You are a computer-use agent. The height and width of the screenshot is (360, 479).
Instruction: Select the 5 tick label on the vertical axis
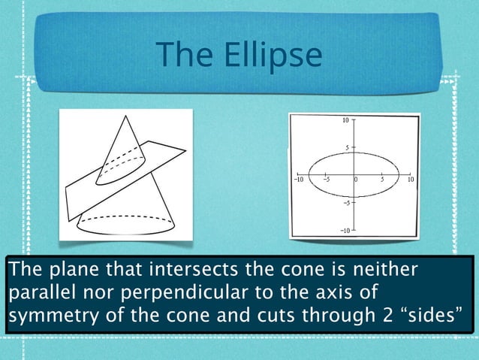click(x=346, y=147)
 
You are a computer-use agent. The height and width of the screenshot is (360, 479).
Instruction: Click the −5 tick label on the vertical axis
click(x=345, y=203)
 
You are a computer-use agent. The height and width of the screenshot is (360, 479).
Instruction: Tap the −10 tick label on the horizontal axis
click(x=298, y=180)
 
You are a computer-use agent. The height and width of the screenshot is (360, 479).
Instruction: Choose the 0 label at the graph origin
click(x=356, y=180)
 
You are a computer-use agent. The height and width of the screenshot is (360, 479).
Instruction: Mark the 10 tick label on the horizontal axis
click(x=411, y=180)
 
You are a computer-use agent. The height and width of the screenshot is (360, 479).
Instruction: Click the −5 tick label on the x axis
click(x=327, y=180)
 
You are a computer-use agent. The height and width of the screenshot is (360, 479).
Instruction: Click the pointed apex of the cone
click(x=123, y=119)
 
